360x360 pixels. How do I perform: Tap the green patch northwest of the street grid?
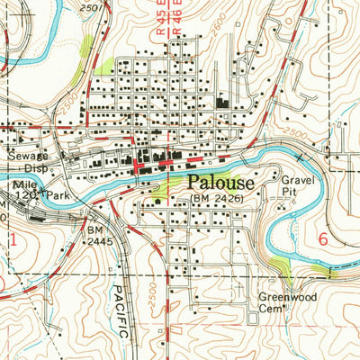103,66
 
